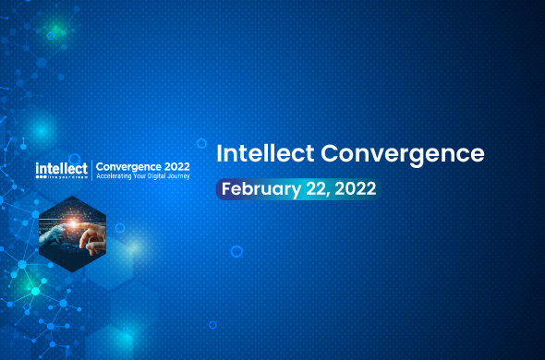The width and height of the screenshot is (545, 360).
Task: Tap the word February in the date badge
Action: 260,189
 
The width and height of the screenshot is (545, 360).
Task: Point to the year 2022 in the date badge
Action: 356,189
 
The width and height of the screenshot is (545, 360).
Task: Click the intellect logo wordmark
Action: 61,167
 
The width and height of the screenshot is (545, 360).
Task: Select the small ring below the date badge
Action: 236,250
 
